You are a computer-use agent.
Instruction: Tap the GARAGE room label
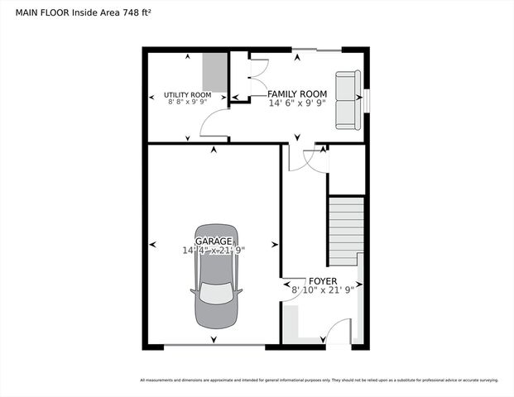[214, 241]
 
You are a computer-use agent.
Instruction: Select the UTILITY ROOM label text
[187, 95]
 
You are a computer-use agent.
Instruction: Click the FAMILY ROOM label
[298, 94]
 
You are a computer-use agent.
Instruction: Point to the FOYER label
[322, 281]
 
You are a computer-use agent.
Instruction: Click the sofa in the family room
[346, 99]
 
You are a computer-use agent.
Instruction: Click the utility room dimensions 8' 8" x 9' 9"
[189, 103]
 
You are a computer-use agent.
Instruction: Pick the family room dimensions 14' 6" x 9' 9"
[298, 103]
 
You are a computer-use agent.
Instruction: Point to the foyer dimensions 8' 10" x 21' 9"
[322, 290]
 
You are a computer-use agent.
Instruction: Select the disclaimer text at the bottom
[319, 380]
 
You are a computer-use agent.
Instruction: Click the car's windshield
[215, 294]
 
